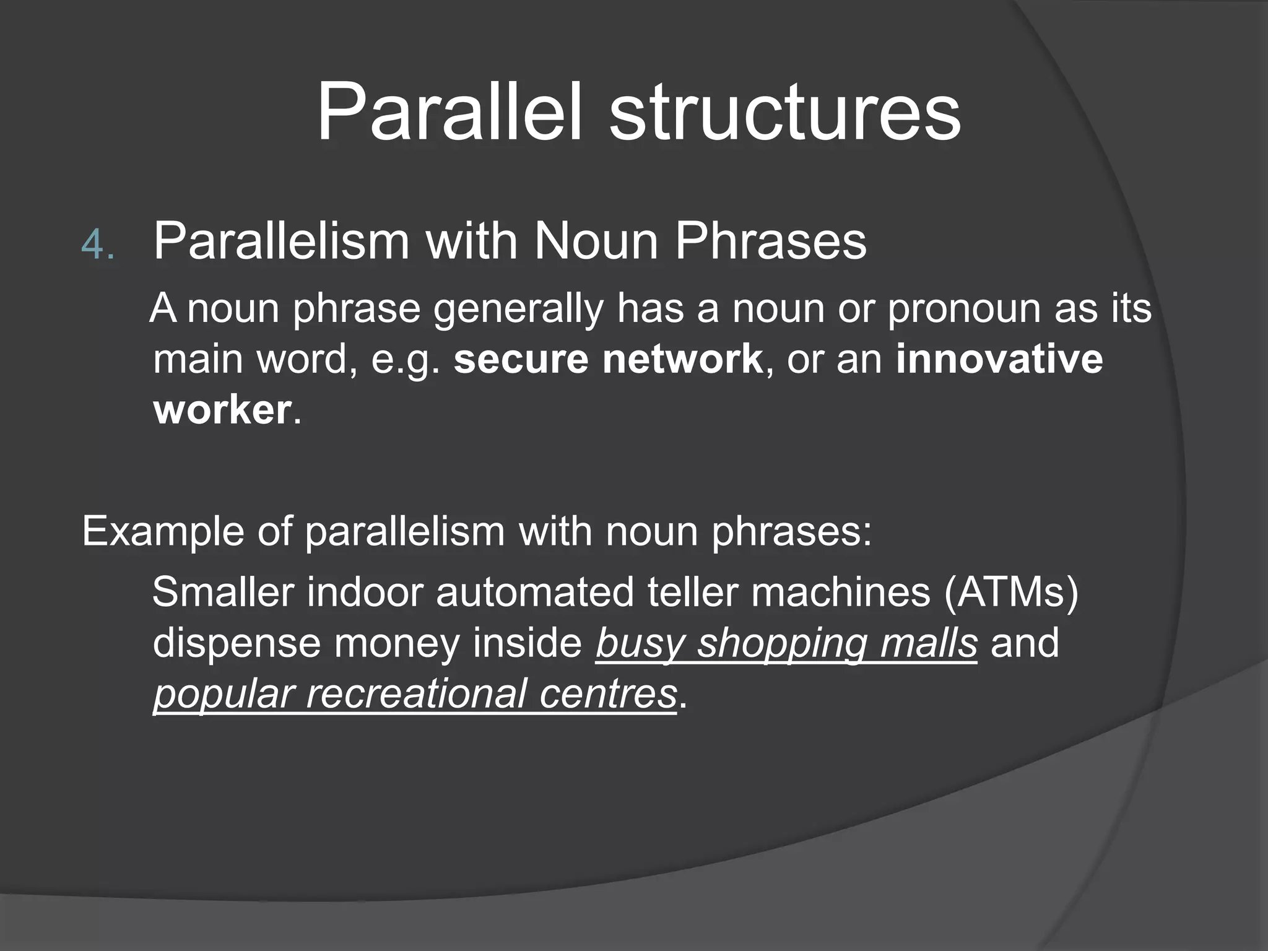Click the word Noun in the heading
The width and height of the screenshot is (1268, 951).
point(596,241)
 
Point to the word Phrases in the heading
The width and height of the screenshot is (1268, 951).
point(771,241)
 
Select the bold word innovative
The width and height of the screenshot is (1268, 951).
point(999,358)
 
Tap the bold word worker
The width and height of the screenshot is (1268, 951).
point(222,409)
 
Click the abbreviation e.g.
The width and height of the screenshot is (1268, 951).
point(406,360)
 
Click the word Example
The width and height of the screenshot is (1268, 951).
point(163,531)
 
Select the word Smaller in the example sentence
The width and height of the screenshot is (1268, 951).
point(223,591)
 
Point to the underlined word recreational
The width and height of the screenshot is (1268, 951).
point(416,693)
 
